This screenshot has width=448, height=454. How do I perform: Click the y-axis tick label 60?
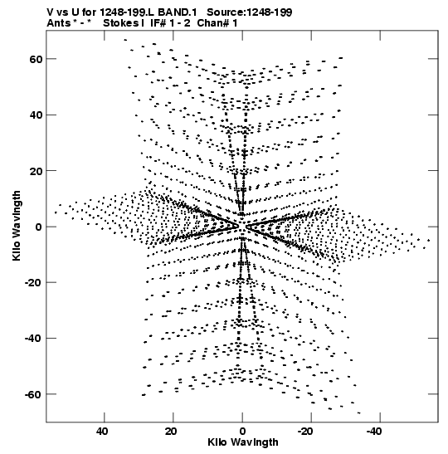click(36, 59)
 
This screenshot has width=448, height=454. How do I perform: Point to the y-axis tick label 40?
click(36, 115)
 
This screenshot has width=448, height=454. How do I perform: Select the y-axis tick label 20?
click(36, 171)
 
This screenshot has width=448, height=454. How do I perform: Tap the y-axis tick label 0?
click(39, 227)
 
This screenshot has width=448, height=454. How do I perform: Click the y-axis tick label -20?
click(33, 282)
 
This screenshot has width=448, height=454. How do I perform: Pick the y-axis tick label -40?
click(33, 339)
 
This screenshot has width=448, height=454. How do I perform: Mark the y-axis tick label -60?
click(33, 394)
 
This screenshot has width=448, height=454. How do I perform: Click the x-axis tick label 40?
click(102, 432)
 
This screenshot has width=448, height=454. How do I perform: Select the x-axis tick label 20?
click(171, 432)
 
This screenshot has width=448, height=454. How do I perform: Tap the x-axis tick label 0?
click(242, 432)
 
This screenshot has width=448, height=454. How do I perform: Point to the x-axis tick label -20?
click(305, 432)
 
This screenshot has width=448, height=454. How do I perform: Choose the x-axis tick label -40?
click(374, 432)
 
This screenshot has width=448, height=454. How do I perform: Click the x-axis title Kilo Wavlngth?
click(243, 442)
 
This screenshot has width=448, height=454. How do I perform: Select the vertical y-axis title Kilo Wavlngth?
click(17, 226)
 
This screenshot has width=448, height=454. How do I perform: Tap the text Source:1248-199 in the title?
click(250, 12)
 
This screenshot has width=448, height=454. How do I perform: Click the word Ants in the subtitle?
click(59, 23)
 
